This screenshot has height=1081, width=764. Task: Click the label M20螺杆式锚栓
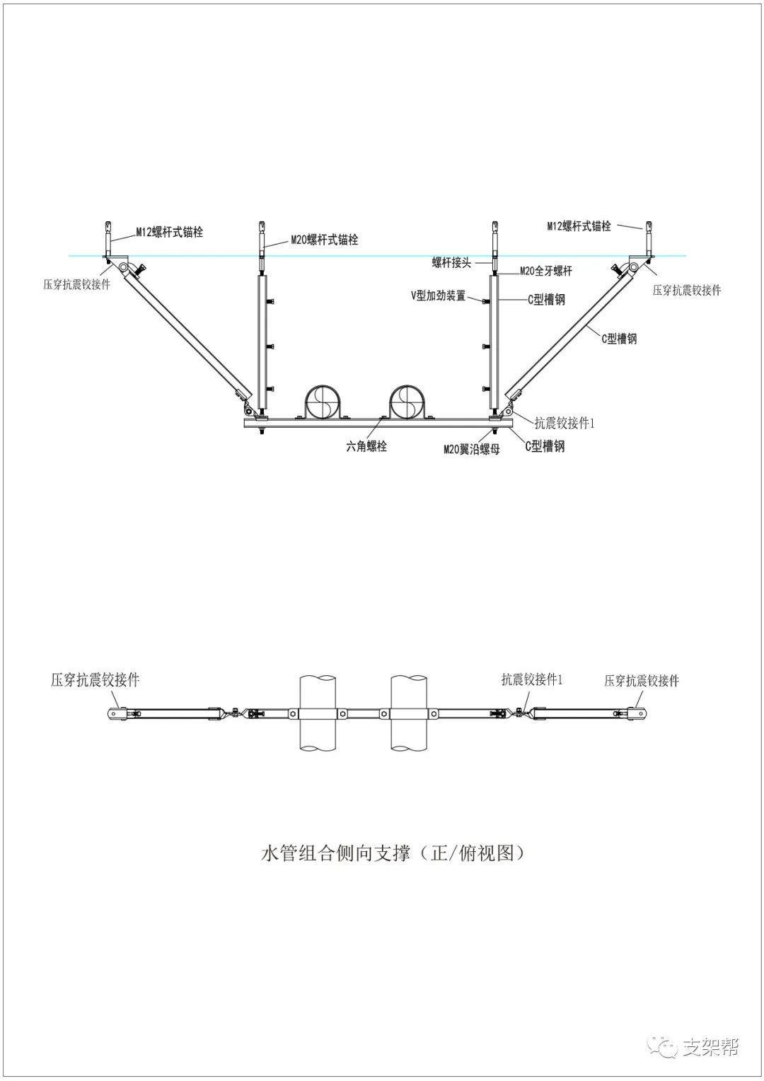325,240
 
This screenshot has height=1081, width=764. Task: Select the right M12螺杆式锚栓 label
579,226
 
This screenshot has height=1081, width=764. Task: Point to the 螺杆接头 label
451,262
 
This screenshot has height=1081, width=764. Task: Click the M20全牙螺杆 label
545,271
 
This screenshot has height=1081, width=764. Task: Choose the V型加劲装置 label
439,296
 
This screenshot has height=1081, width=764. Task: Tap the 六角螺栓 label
366,446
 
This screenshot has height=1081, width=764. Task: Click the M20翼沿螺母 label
471,449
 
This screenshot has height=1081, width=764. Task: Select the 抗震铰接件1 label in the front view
565,423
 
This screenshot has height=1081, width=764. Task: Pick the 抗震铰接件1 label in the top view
532,679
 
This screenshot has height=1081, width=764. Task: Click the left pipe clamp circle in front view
325,401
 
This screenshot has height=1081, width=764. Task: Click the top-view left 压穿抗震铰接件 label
95,680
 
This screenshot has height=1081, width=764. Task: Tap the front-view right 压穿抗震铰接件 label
686,290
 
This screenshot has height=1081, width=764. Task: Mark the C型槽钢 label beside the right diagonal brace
619,339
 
